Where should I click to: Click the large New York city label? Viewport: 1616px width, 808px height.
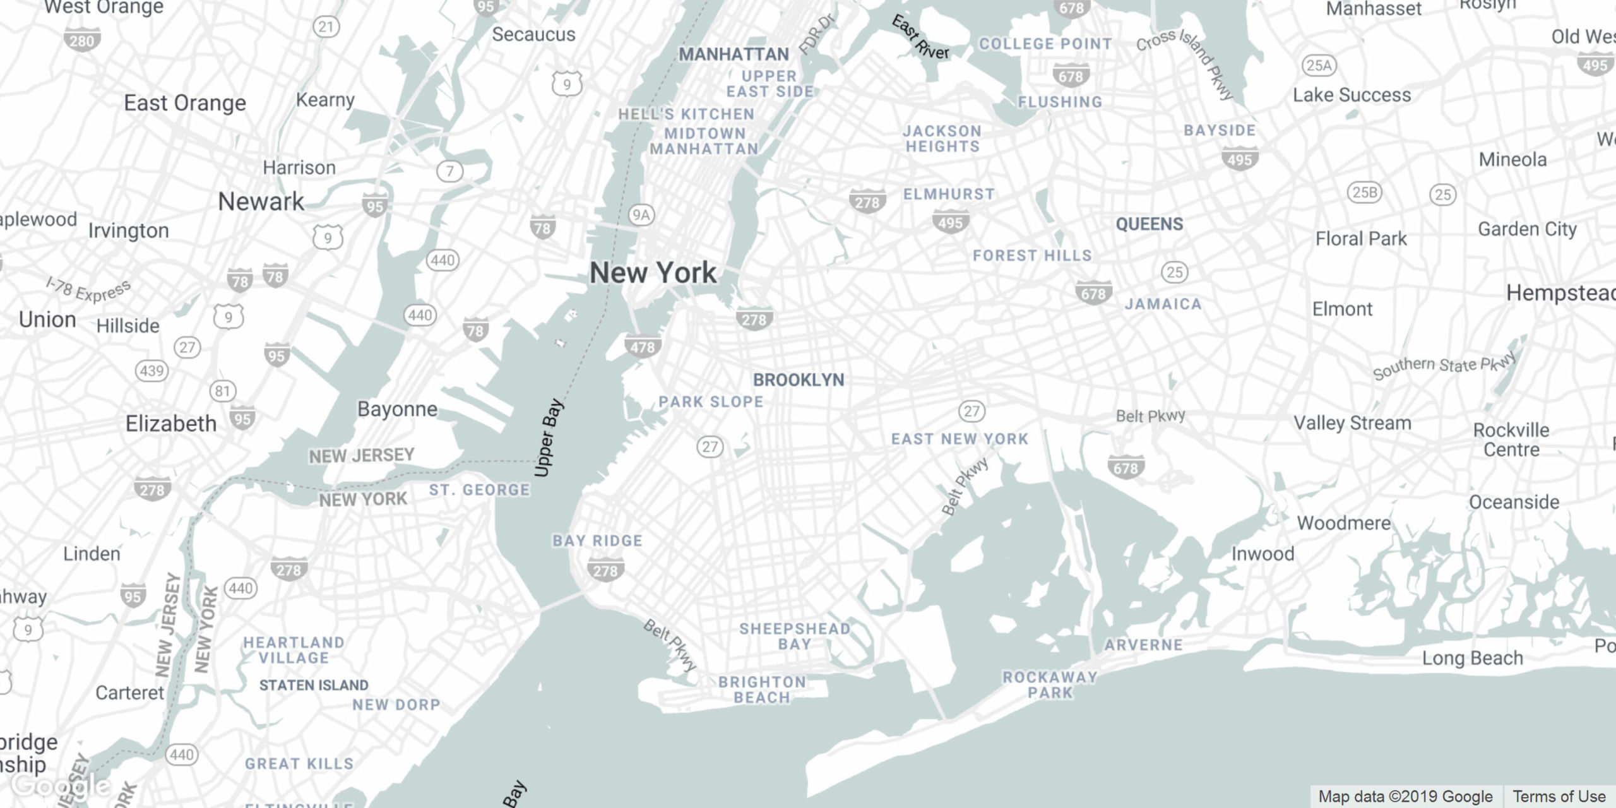tap(653, 273)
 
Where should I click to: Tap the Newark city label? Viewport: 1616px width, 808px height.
tap(261, 202)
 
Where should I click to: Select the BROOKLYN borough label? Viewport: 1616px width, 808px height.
tap(798, 380)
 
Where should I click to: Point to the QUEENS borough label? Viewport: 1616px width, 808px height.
tap(1149, 225)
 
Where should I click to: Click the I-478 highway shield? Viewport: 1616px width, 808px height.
tap(643, 347)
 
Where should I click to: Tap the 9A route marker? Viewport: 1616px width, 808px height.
tap(641, 215)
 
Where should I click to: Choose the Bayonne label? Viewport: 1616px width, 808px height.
tap(397, 409)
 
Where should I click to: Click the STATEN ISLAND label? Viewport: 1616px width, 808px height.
tap(313, 686)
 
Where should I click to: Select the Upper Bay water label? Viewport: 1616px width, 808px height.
tap(548, 437)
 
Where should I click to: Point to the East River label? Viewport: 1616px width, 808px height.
tap(920, 38)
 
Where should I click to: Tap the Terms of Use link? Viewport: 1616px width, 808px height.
tap(1559, 797)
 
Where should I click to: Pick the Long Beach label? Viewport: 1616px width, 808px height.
tap(1472, 658)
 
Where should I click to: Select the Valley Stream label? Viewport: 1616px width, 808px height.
tap(1352, 423)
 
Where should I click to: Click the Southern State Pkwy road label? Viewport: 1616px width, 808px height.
tap(1444, 365)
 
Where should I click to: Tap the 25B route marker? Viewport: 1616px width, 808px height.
tap(1364, 193)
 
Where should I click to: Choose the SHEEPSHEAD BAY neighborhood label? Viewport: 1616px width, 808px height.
tap(794, 636)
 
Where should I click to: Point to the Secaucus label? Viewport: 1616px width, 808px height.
tap(533, 35)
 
